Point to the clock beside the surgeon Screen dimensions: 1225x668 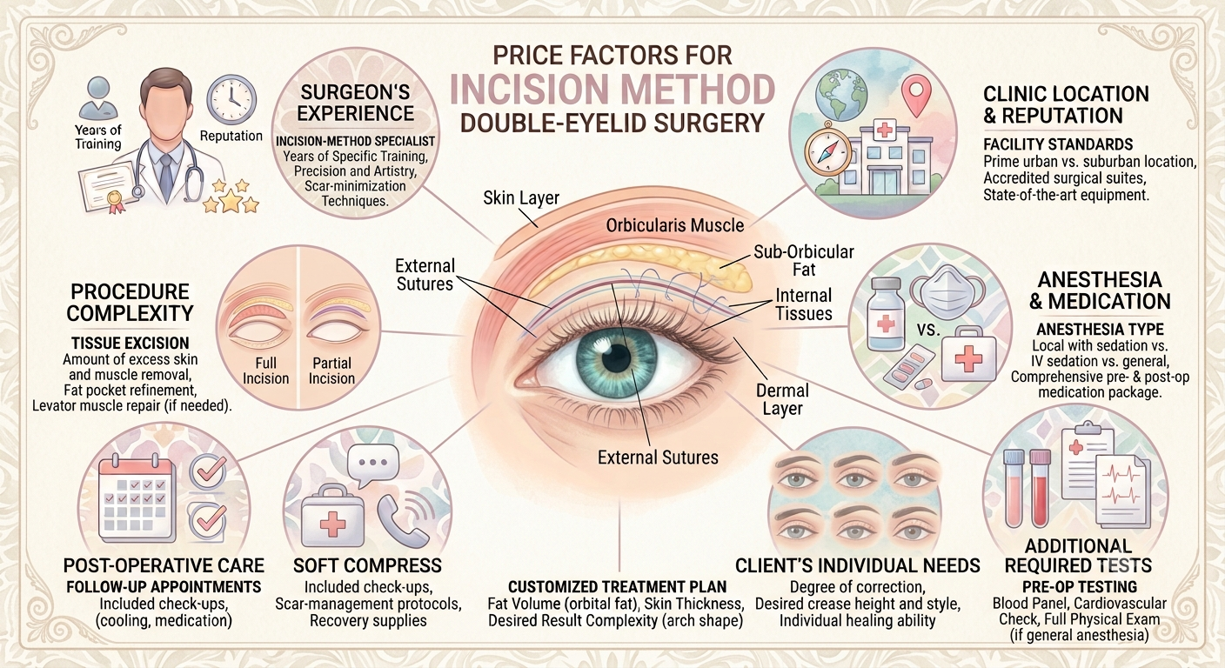coord(231,100)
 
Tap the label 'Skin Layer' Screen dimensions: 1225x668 coord(521,198)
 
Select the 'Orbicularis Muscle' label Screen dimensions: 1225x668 coord(675,224)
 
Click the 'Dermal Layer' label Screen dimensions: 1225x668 coord(782,399)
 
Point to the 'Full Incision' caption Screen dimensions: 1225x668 coord(265,371)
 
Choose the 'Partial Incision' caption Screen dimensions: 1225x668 coord(331,371)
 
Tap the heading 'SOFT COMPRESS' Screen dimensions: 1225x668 coord(367,565)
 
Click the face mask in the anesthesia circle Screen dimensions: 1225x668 coord(951,291)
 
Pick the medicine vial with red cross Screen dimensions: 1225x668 coord(885,314)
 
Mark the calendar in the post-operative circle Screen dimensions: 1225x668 coord(137,498)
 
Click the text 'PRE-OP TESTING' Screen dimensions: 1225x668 coord(1080,587)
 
